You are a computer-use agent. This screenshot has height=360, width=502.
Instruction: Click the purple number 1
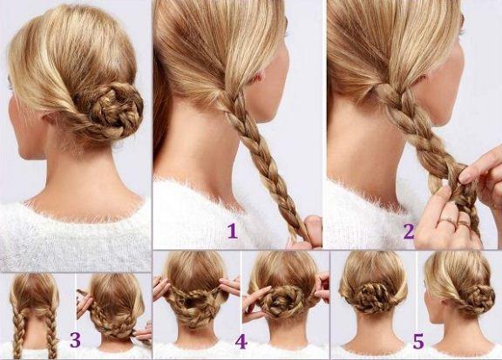(x=233, y=231)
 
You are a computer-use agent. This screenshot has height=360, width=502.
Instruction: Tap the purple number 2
(x=409, y=231)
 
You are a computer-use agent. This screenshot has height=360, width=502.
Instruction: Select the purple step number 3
(x=75, y=340)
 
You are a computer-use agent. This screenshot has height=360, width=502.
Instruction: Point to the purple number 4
(x=241, y=342)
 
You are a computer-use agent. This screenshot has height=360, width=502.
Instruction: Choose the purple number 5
(x=418, y=341)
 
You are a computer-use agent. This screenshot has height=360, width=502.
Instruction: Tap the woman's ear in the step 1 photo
(x=259, y=78)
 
